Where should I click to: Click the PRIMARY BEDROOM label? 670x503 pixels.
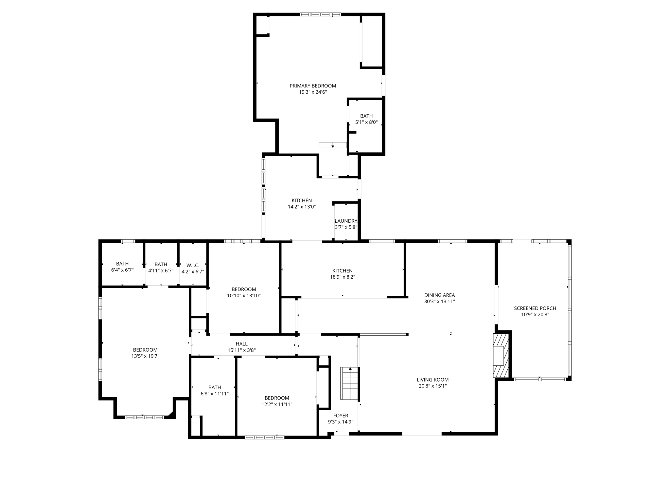pyautogui.click(x=313, y=86)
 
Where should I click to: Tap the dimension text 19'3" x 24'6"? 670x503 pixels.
pyautogui.click(x=313, y=92)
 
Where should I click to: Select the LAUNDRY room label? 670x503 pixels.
pyautogui.click(x=346, y=221)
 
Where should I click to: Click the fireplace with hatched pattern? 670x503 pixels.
pyautogui.click(x=501, y=355)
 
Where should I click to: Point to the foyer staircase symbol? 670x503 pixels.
pyautogui.click(x=350, y=383)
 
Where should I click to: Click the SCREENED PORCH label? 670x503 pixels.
pyautogui.click(x=535, y=308)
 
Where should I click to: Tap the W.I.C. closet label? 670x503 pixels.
pyautogui.click(x=193, y=265)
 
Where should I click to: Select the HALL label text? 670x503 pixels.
pyautogui.click(x=241, y=344)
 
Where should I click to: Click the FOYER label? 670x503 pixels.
pyautogui.click(x=341, y=416)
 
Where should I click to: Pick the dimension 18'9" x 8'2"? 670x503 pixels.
pyautogui.click(x=342, y=277)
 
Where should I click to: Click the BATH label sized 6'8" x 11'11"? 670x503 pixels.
pyautogui.click(x=215, y=387)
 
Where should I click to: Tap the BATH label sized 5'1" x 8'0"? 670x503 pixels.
pyautogui.click(x=366, y=116)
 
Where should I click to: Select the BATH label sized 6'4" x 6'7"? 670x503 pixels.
pyautogui.click(x=122, y=264)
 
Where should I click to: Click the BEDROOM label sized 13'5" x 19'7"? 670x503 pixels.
pyautogui.click(x=145, y=350)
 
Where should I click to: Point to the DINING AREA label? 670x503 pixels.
pyautogui.click(x=439, y=295)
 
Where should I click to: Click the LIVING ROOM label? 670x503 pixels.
pyautogui.click(x=432, y=380)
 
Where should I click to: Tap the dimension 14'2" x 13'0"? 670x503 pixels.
pyautogui.click(x=302, y=207)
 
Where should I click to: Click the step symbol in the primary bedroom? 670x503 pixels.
pyautogui.click(x=332, y=145)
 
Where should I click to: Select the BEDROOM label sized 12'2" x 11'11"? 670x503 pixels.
pyautogui.click(x=277, y=398)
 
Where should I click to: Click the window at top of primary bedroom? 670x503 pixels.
pyautogui.click(x=320, y=14)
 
